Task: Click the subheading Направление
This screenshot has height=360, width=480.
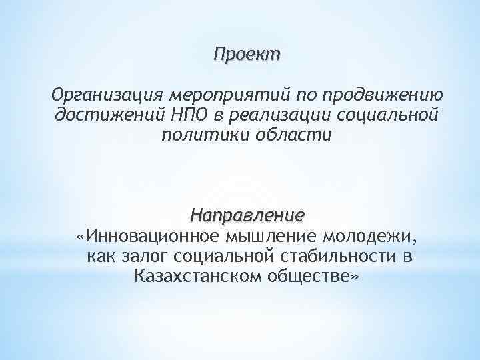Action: tap(247, 216)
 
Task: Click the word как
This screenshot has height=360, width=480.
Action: tap(101, 256)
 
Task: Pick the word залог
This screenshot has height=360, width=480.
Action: tap(145, 256)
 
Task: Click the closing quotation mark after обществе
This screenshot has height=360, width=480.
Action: tap(353, 276)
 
